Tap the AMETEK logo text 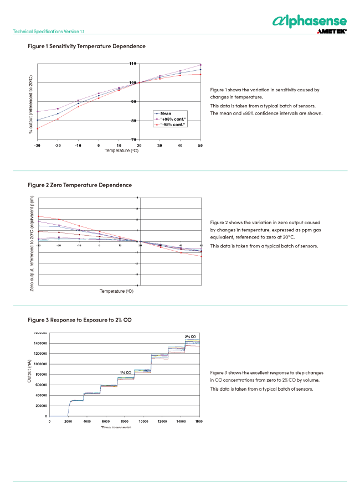pyautogui.click(x=332, y=32)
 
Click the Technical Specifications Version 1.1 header pyautogui.click(x=49, y=32)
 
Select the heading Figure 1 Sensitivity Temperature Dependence pyautogui.click(x=86, y=46)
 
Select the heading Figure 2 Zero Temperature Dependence pyautogui.click(x=80, y=185)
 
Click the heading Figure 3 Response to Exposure pyautogui.click(x=79, y=320)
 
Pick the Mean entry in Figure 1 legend pyautogui.click(x=166, y=113)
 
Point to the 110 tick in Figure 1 pyautogui.click(x=133, y=64)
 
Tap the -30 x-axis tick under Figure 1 pyautogui.click(x=37, y=145)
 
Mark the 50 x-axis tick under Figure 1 pyautogui.click(x=200, y=145)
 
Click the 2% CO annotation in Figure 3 pyautogui.click(x=190, y=336)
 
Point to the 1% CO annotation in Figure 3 pyautogui.click(x=126, y=373)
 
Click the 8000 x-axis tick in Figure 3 pyautogui.click(x=125, y=421)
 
